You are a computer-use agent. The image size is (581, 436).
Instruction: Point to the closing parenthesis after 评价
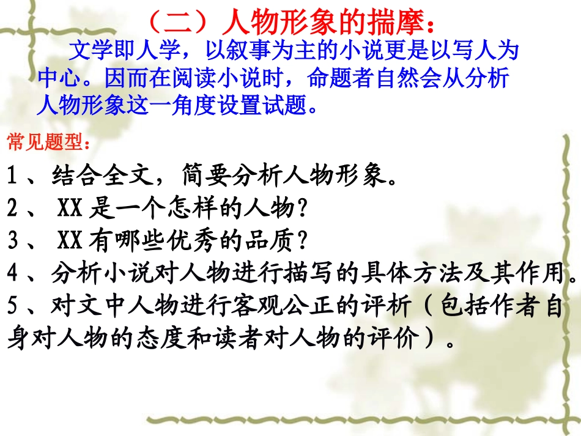(x=436, y=338)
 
